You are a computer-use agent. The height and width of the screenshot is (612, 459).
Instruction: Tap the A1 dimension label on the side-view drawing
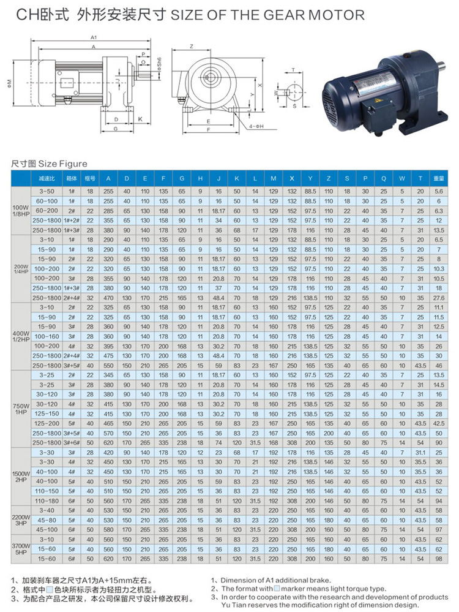[x=94, y=37]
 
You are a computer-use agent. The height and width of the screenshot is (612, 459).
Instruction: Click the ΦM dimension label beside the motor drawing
[x=9, y=83]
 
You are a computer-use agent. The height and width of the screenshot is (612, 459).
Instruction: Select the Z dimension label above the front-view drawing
[x=192, y=47]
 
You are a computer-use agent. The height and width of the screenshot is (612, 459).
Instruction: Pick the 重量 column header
[x=439, y=178]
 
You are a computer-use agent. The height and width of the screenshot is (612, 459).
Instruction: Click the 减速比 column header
[x=47, y=178]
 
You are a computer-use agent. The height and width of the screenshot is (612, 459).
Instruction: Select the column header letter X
[x=292, y=178]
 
